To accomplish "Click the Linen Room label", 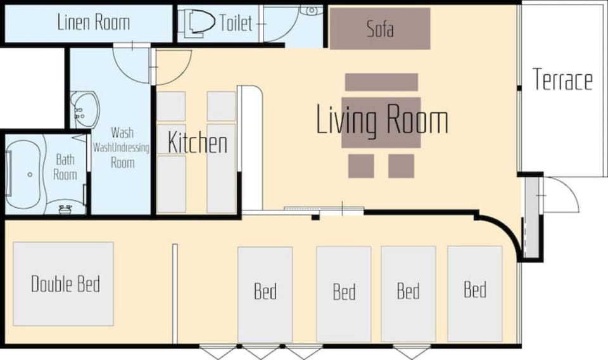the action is coord(94,22).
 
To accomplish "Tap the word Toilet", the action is coord(236,23).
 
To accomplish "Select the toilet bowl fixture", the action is coord(200,23).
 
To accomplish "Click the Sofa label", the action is coord(380,29).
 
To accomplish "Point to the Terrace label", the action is coord(562,79).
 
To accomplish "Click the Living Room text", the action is coord(383,119).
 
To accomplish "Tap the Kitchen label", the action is coord(198,143).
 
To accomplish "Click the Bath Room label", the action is coord(65,167).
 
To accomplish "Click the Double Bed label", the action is coord(65,283).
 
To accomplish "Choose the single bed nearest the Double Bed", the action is coord(265,295).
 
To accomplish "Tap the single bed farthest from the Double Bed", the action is coord(475,293).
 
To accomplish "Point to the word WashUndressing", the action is coord(121,148).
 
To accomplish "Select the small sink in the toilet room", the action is coord(312,11).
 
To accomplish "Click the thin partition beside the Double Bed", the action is coord(175,293).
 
